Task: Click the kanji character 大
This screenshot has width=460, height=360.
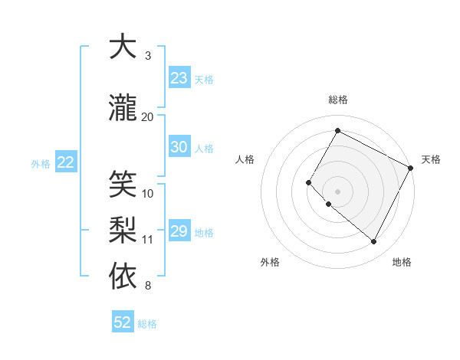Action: click(x=123, y=47)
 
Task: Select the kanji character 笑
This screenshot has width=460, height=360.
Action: click(x=123, y=184)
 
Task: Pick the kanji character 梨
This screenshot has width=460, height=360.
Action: click(x=123, y=230)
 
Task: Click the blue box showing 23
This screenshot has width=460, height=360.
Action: click(x=179, y=78)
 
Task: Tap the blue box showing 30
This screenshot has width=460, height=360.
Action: click(x=179, y=147)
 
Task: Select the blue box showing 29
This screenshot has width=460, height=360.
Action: click(x=179, y=231)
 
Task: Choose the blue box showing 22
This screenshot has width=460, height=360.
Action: click(x=66, y=162)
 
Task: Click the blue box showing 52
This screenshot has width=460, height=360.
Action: click(x=123, y=322)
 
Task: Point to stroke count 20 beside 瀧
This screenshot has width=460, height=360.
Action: click(x=148, y=116)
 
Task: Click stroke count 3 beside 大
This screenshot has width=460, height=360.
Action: click(x=148, y=56)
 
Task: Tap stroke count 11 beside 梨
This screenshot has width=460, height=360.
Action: click(x=148, y=240)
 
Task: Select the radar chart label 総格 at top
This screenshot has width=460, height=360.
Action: click(x=337, y=100)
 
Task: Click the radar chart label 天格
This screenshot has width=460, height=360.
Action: click(x=431, y=159)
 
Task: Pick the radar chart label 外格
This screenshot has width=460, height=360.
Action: click(x=270, y=263)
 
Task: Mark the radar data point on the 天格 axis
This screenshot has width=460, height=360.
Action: click(x=411, y=168)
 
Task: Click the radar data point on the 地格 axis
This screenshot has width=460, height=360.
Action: click(x=374, y=242)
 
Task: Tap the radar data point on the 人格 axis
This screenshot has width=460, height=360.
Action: click(x=308, y=182)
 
